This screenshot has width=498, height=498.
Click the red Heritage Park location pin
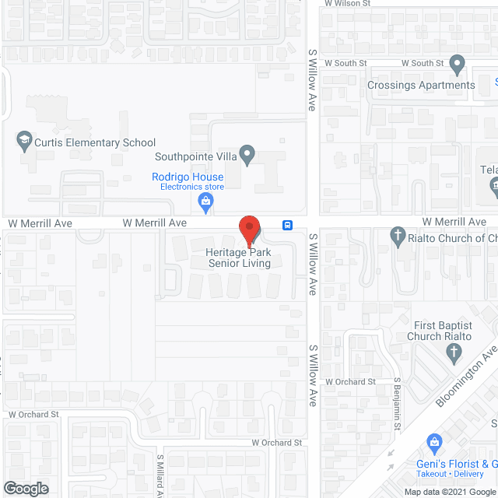click(249, 230)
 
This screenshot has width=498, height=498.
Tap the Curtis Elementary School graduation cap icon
click(23, 142)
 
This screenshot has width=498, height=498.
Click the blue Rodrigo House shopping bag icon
click(205, 204)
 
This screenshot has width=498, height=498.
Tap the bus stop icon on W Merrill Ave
click(288, 226)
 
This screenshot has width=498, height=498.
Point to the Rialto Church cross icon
click(398, 236)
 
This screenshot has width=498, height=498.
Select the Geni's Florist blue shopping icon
click(435, 444)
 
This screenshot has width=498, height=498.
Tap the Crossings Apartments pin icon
click(458, 64)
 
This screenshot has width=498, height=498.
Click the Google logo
click(26, 488)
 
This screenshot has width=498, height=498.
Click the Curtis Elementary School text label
click(95, 142)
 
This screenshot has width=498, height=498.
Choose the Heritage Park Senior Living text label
click(239, 258)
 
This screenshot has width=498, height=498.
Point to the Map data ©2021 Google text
click(449, 491)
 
